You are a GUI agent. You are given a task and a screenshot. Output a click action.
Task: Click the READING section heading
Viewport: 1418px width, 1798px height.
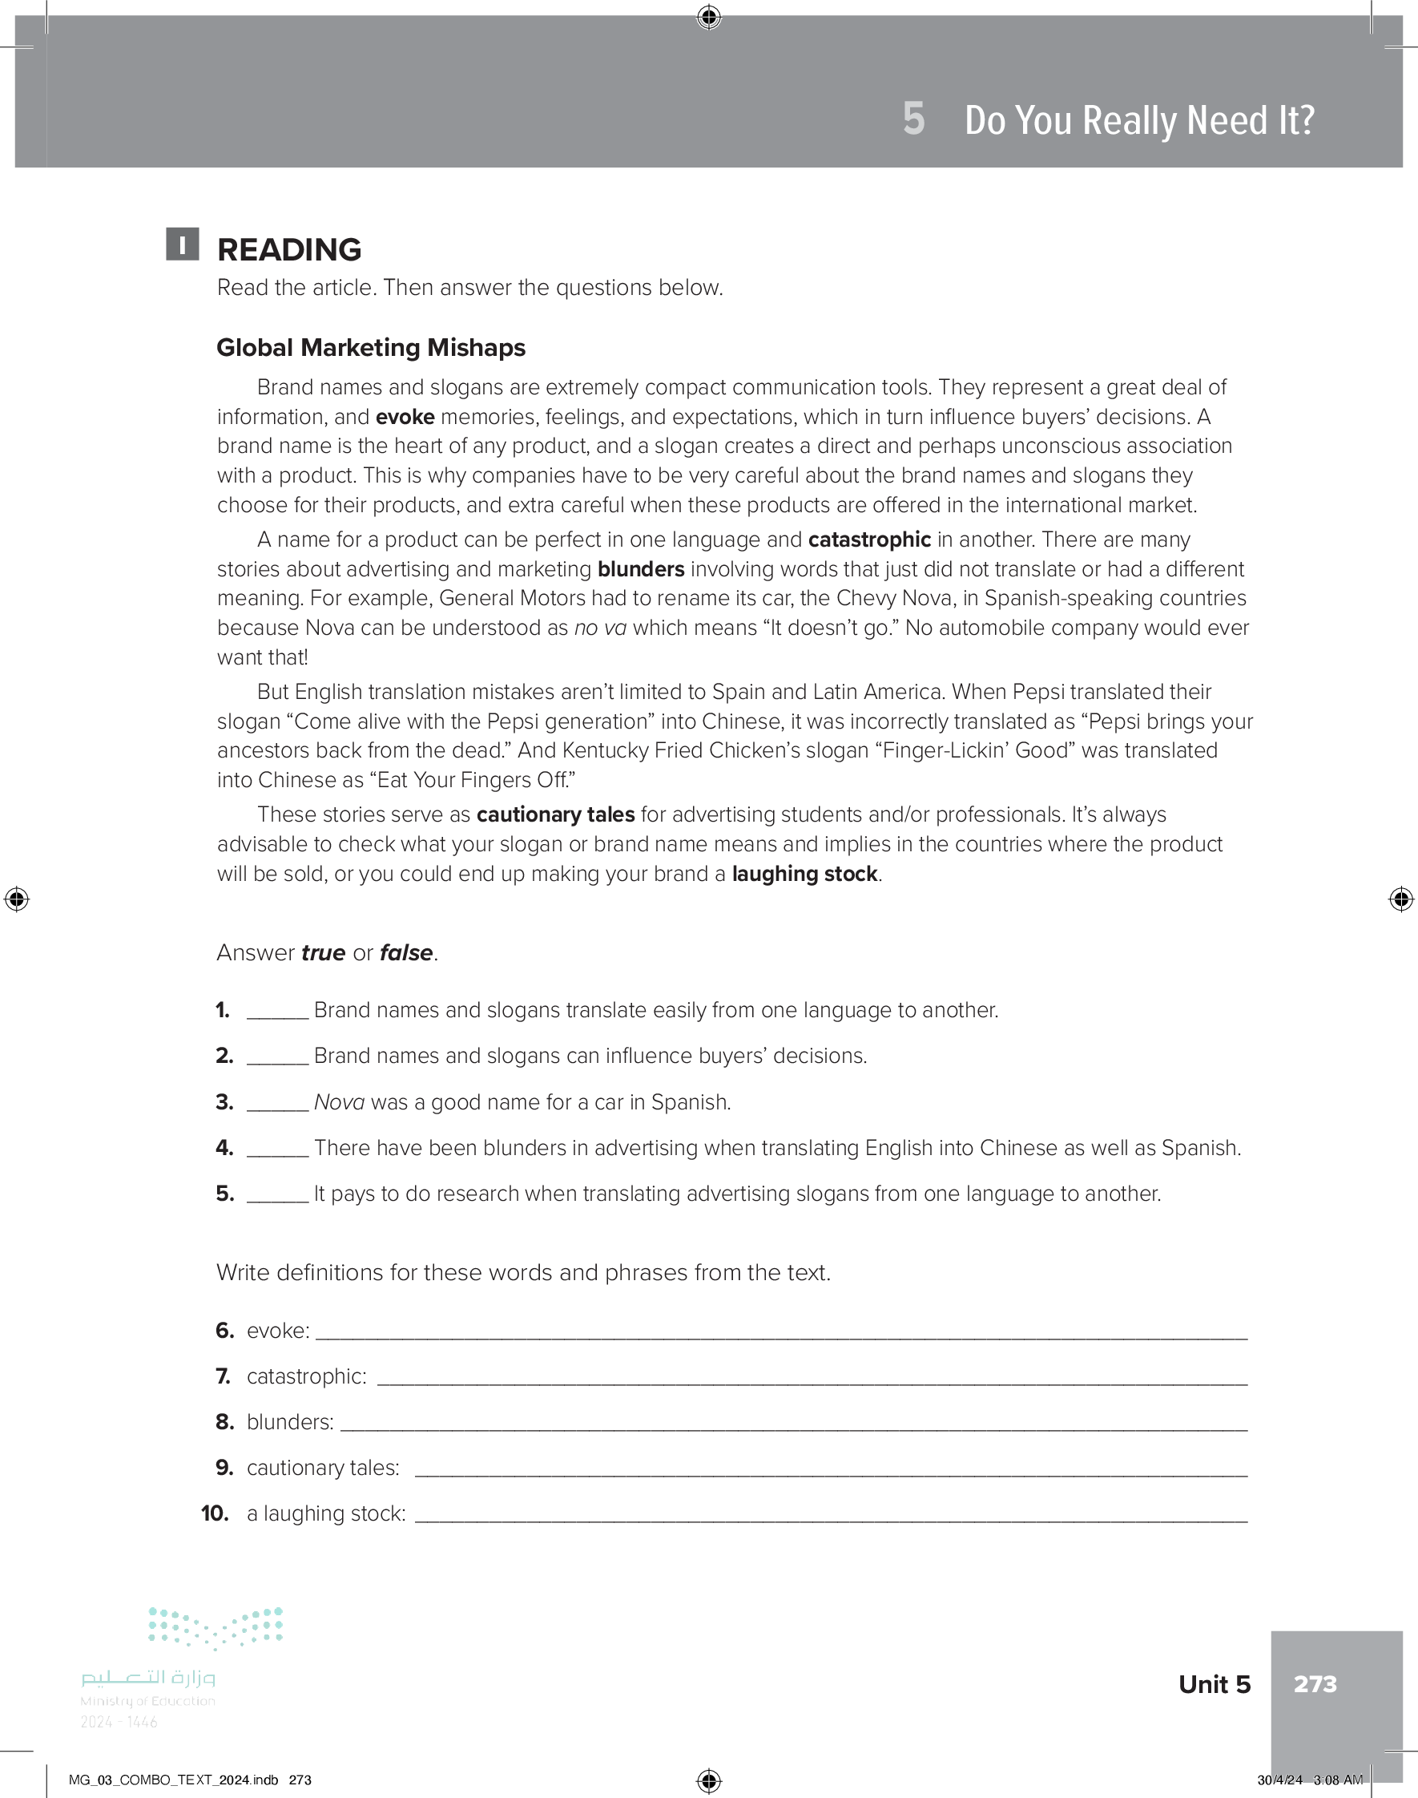(x=289, y=249)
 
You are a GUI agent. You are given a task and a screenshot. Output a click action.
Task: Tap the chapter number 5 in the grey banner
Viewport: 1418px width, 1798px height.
(x=913, y=119)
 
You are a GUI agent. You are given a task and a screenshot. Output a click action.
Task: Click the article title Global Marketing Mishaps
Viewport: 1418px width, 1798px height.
(x=370, y=347)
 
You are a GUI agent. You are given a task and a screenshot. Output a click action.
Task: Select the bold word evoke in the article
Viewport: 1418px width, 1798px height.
(x=405, y=417)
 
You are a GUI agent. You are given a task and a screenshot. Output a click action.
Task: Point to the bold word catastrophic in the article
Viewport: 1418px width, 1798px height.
(x=868, y=539)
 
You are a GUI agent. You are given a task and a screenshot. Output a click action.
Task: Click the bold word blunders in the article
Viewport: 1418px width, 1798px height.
(x=640, y=569)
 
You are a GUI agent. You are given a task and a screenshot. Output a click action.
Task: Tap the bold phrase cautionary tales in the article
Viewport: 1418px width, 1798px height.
(x=554, y=814)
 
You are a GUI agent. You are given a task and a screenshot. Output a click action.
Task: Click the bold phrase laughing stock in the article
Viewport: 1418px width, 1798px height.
(x=804, y=874)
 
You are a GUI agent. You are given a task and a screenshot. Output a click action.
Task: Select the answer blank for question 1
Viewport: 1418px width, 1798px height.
(x=277, y=1012)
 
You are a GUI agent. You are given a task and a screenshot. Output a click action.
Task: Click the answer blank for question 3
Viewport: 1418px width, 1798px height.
(x=277, y=1105)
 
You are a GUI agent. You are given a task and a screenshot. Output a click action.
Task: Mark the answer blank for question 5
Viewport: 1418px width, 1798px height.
(x=277, y=1196)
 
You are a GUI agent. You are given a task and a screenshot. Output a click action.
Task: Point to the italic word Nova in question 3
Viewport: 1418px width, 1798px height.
(x=339, y=1102)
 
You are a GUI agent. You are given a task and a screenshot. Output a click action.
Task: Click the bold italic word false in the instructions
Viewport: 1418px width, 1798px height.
(x=406, y=952)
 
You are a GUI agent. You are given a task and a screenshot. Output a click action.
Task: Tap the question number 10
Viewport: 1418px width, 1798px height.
(x=215, y=1513)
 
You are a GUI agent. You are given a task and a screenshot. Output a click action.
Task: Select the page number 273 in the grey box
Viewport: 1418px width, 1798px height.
(x=1315, y=1683)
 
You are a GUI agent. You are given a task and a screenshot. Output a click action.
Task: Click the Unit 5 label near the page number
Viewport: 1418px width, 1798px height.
(x=1214, y=1683)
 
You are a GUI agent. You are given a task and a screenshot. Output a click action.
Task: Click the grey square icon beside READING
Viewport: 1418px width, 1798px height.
(x=182, y=244)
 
